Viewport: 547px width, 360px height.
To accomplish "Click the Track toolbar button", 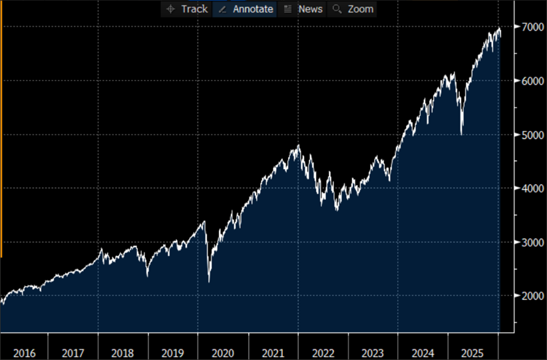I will (x=187, y=9).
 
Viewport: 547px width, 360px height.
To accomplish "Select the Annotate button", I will (x=246, y=9).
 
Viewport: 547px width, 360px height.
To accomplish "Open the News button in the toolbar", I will (x=303, y=9).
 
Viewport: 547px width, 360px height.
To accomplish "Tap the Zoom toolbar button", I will (x=353, y=9).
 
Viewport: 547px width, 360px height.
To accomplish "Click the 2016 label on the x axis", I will (x=24, y=353).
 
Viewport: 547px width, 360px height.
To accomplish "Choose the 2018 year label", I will (x=122, y=353).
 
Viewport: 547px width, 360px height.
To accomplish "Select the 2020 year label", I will (x=222, y=353).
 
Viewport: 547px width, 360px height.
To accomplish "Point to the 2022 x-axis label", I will (x=322, y=353).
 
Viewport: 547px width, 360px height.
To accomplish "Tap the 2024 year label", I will (x=422, y=353).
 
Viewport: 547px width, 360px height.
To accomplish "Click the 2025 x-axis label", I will (x=472, y=353).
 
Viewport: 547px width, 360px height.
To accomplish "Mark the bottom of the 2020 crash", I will (x=209, y=281).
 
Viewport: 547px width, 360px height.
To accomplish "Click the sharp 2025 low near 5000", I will (x=461, y=134).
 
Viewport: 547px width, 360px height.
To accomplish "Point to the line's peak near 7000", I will (x=498, y=28).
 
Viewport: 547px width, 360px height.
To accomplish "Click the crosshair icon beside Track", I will (x=170, y=9).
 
